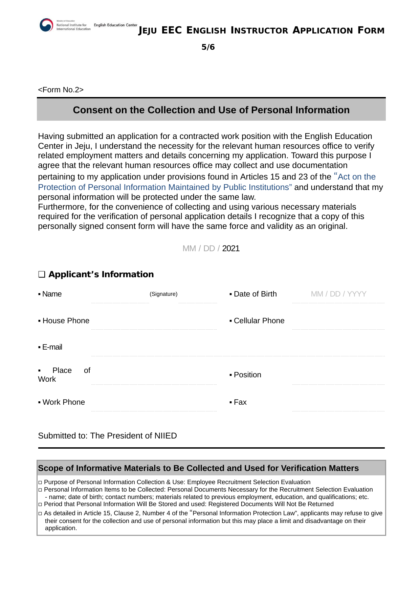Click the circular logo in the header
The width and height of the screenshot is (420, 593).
(x=46, y=25)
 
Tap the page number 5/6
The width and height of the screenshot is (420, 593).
(x=208, y=47)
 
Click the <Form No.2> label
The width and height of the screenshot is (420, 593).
(x=61, y=90)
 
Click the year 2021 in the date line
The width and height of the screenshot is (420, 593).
(x=231, y=248)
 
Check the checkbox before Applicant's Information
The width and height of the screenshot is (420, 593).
(x=42, y=275)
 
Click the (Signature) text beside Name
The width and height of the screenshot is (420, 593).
(x=163, y=294)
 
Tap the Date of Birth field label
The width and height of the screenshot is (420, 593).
(x=255, y=294)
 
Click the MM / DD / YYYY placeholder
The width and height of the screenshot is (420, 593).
(x=338, y=294)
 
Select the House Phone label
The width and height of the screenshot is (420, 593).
(x=66, y=321)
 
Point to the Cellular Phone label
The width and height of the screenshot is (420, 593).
(x=259, y=321)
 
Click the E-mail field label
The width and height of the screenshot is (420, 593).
(x=52, y=347)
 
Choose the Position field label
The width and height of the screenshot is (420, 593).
(x=247, y=375)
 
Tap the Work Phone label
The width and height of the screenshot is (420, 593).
(x=64, y=402)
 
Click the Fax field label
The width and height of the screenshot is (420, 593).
(x=240, y=402)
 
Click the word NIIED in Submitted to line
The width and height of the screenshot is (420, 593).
(x=165, y=436)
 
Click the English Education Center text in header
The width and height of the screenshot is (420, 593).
(x=115, y=25)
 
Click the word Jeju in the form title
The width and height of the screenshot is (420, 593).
(x=148, y=31)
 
